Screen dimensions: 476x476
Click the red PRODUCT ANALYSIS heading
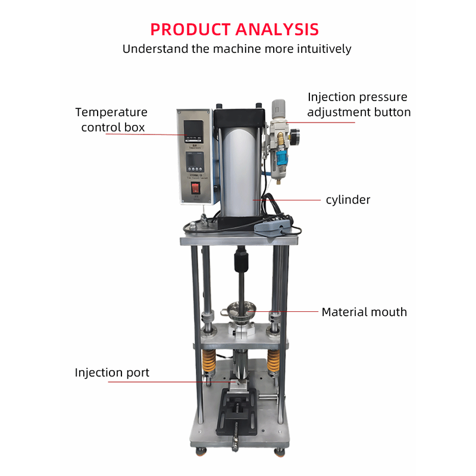point(234,29)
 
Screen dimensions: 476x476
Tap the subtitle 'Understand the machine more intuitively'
point(237,49)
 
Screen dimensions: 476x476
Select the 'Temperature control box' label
point(112,120)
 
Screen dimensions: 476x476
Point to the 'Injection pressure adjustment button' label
point(359,105)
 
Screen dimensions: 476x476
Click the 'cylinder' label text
point(348,200)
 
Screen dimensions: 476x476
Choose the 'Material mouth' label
point(364,312)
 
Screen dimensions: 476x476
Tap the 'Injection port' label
point(112,373)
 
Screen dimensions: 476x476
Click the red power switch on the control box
point(196,189)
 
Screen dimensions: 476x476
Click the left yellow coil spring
point(208,361)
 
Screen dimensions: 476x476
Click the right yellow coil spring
point(273,361)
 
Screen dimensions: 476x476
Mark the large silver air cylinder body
point(240,171)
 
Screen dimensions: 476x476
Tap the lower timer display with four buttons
point(195,162)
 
